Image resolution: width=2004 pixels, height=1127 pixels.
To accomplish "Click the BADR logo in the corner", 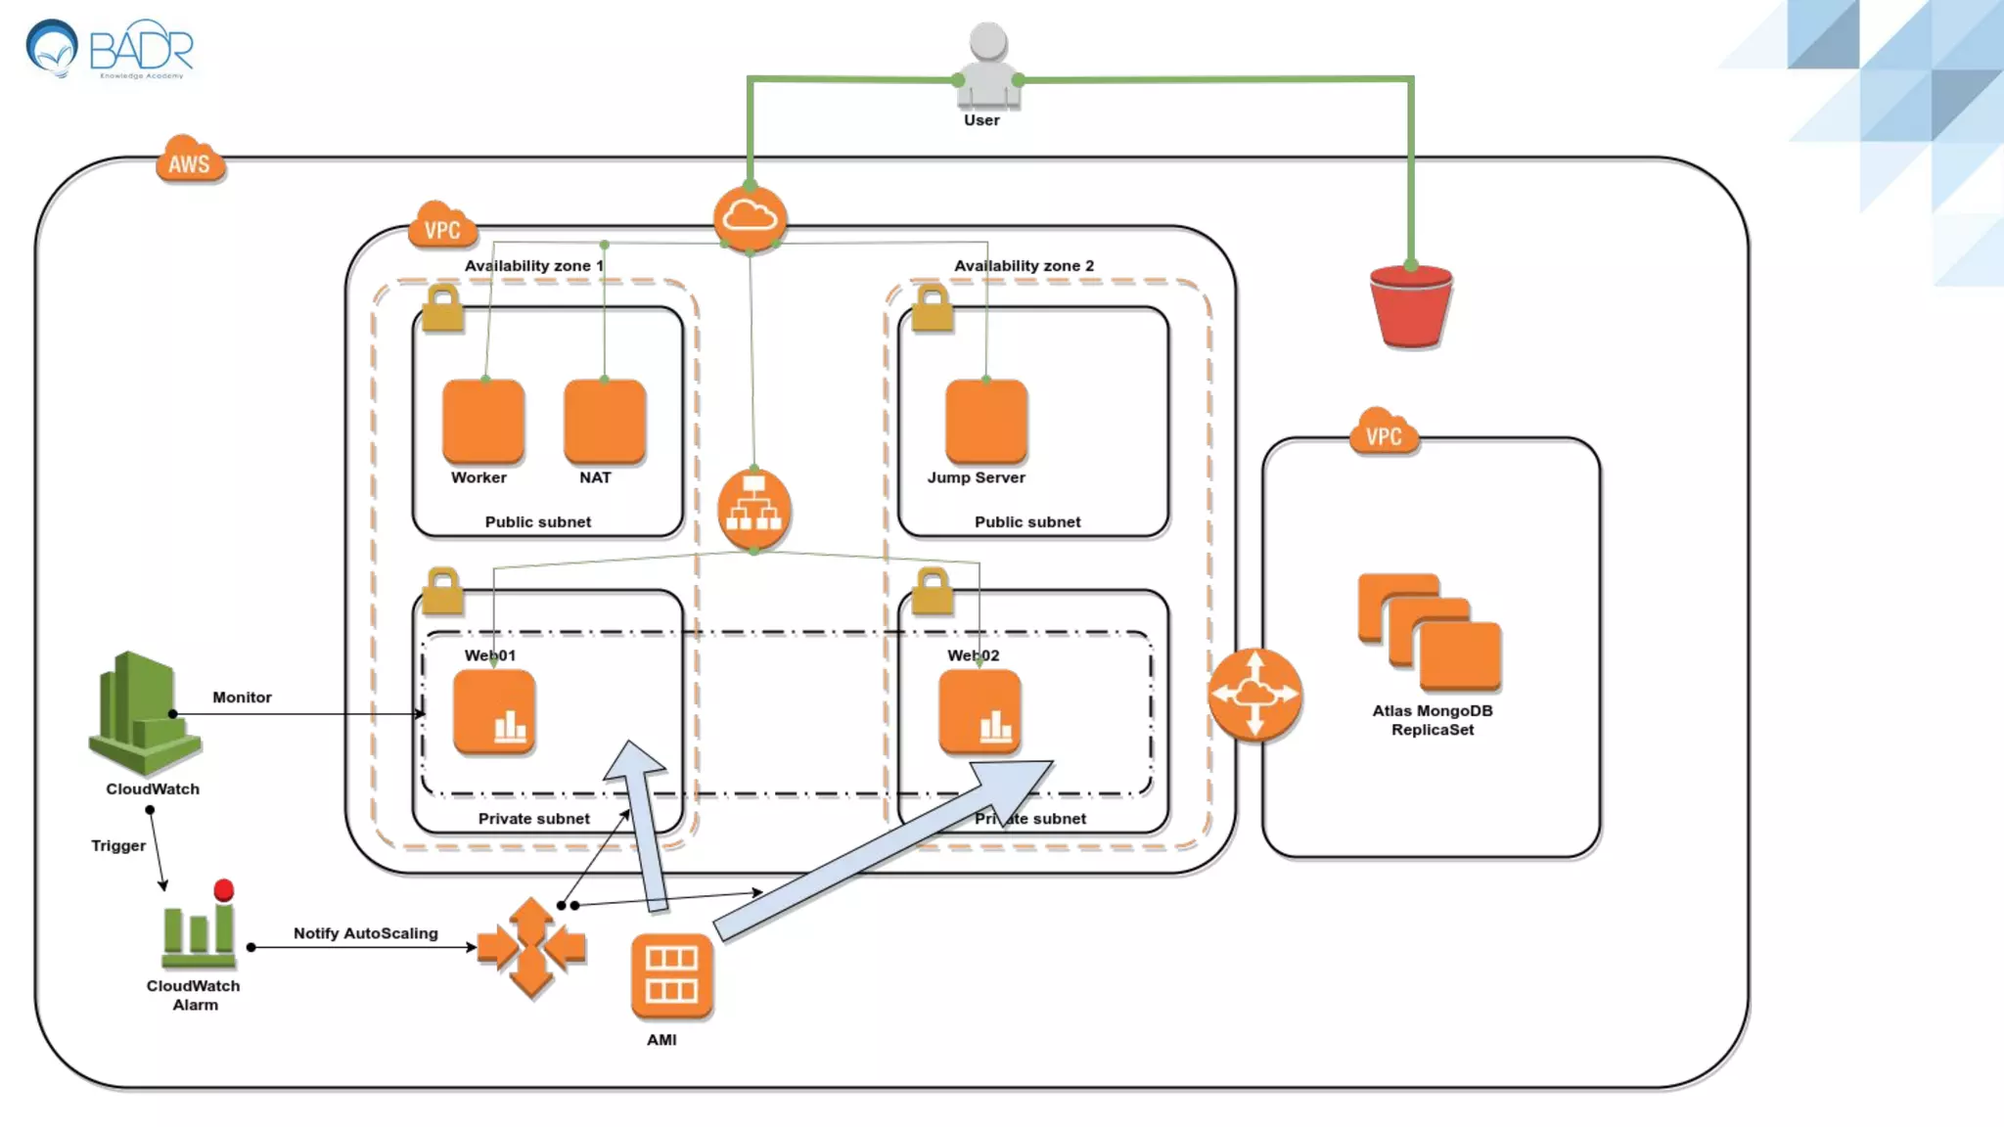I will pyautogui.click(x=110, y=49).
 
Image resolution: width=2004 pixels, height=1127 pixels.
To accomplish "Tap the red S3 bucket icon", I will pyautogui.click(x=1410, y=306).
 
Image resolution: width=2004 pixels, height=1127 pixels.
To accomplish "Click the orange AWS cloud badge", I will pyautogui.click(x=190, y=160).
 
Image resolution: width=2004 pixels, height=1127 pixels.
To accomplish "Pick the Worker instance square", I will pyautogui.click(x=483, y=421).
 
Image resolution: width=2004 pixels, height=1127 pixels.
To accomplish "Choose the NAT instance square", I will pyautogui.click(x=605, y=421).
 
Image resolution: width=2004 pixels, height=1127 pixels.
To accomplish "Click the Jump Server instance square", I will pyautogui.click(x=986, y=421).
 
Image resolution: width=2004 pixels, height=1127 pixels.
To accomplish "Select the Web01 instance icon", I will pyautogui.click(x=494, y=712).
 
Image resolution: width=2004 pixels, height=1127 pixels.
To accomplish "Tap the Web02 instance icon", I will pyautogui.click(x=979, y=712).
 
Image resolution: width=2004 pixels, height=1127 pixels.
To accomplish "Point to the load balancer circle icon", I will pyautogui.click(x=753, y=510).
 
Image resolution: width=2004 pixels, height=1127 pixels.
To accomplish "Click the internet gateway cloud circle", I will pyautogui.click(x=750, y=217).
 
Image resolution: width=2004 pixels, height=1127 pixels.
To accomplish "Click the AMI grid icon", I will pyautogui.click(x=671, y=975).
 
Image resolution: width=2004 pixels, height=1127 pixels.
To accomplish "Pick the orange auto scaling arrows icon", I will pyautogui.click(x=531, y=947).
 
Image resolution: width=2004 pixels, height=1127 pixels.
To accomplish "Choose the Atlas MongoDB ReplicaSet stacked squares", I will pyautogui.click(x=1430, y=632).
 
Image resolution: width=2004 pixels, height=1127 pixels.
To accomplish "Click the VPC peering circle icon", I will pyautogui.click(x=1254, y=694).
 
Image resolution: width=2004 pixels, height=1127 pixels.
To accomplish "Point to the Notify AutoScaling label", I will pyautogui.click(x=365, y=933).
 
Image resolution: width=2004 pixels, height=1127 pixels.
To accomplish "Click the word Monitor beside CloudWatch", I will pyautogui.click(x=242, y=698).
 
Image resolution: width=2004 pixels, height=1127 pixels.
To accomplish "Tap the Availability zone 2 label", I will pyautogui.click(x=1024, y=266).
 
